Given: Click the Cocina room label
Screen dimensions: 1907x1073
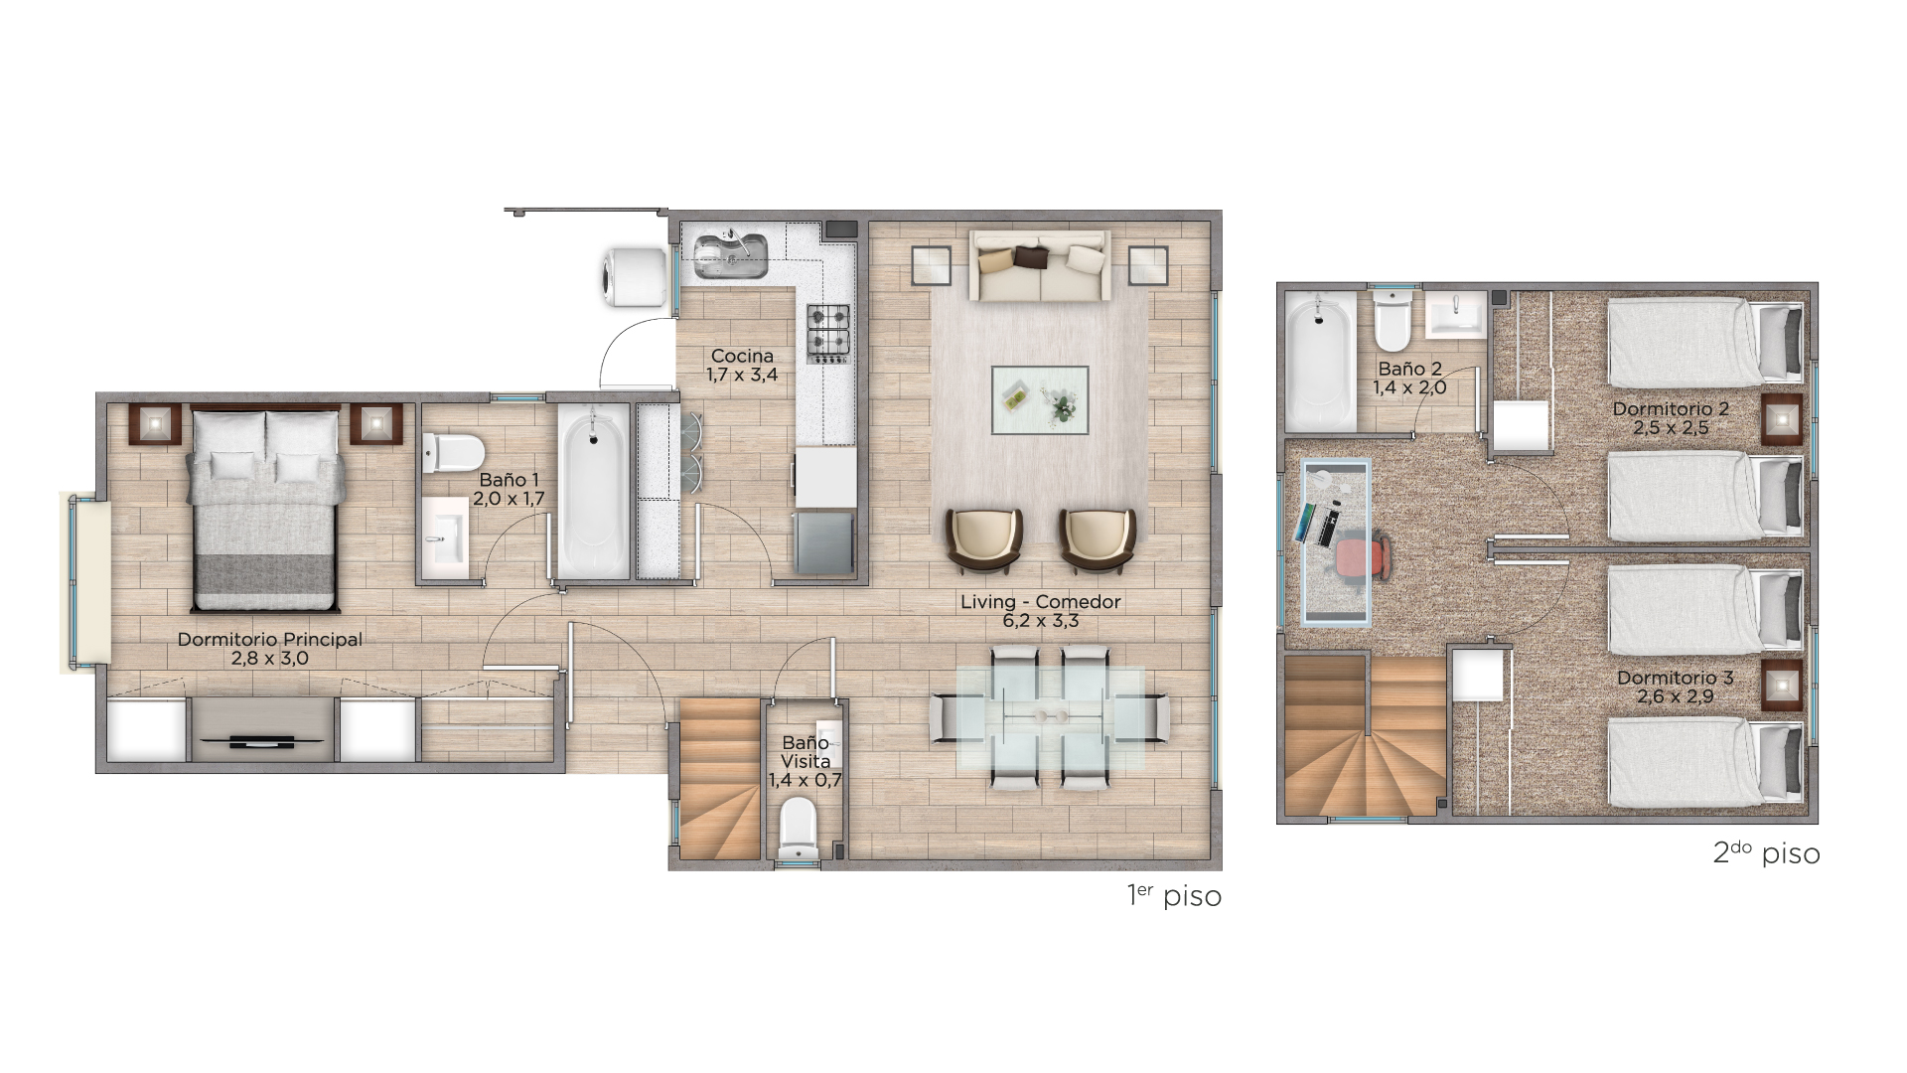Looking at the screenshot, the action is point(742,356).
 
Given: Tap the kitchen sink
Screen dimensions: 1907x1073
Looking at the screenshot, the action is point(730,255).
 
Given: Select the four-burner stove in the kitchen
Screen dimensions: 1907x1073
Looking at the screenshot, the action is point(828,333).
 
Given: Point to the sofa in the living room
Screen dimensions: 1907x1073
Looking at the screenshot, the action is point(1040,265).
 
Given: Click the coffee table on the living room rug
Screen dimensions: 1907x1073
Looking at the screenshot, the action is point(1040,400).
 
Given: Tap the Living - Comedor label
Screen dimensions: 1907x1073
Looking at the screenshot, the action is point(1040,601).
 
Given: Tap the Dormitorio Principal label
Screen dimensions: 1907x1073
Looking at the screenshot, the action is point(270,639).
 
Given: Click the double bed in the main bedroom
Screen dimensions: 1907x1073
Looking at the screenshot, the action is point(266,508).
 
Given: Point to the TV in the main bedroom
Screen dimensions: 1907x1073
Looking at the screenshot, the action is point(260,741).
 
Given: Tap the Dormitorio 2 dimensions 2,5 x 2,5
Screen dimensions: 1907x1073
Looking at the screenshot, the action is point(1671,428).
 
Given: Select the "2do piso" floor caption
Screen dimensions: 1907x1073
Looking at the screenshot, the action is point(1766,852).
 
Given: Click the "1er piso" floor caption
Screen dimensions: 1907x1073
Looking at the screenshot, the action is point(1174,895).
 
